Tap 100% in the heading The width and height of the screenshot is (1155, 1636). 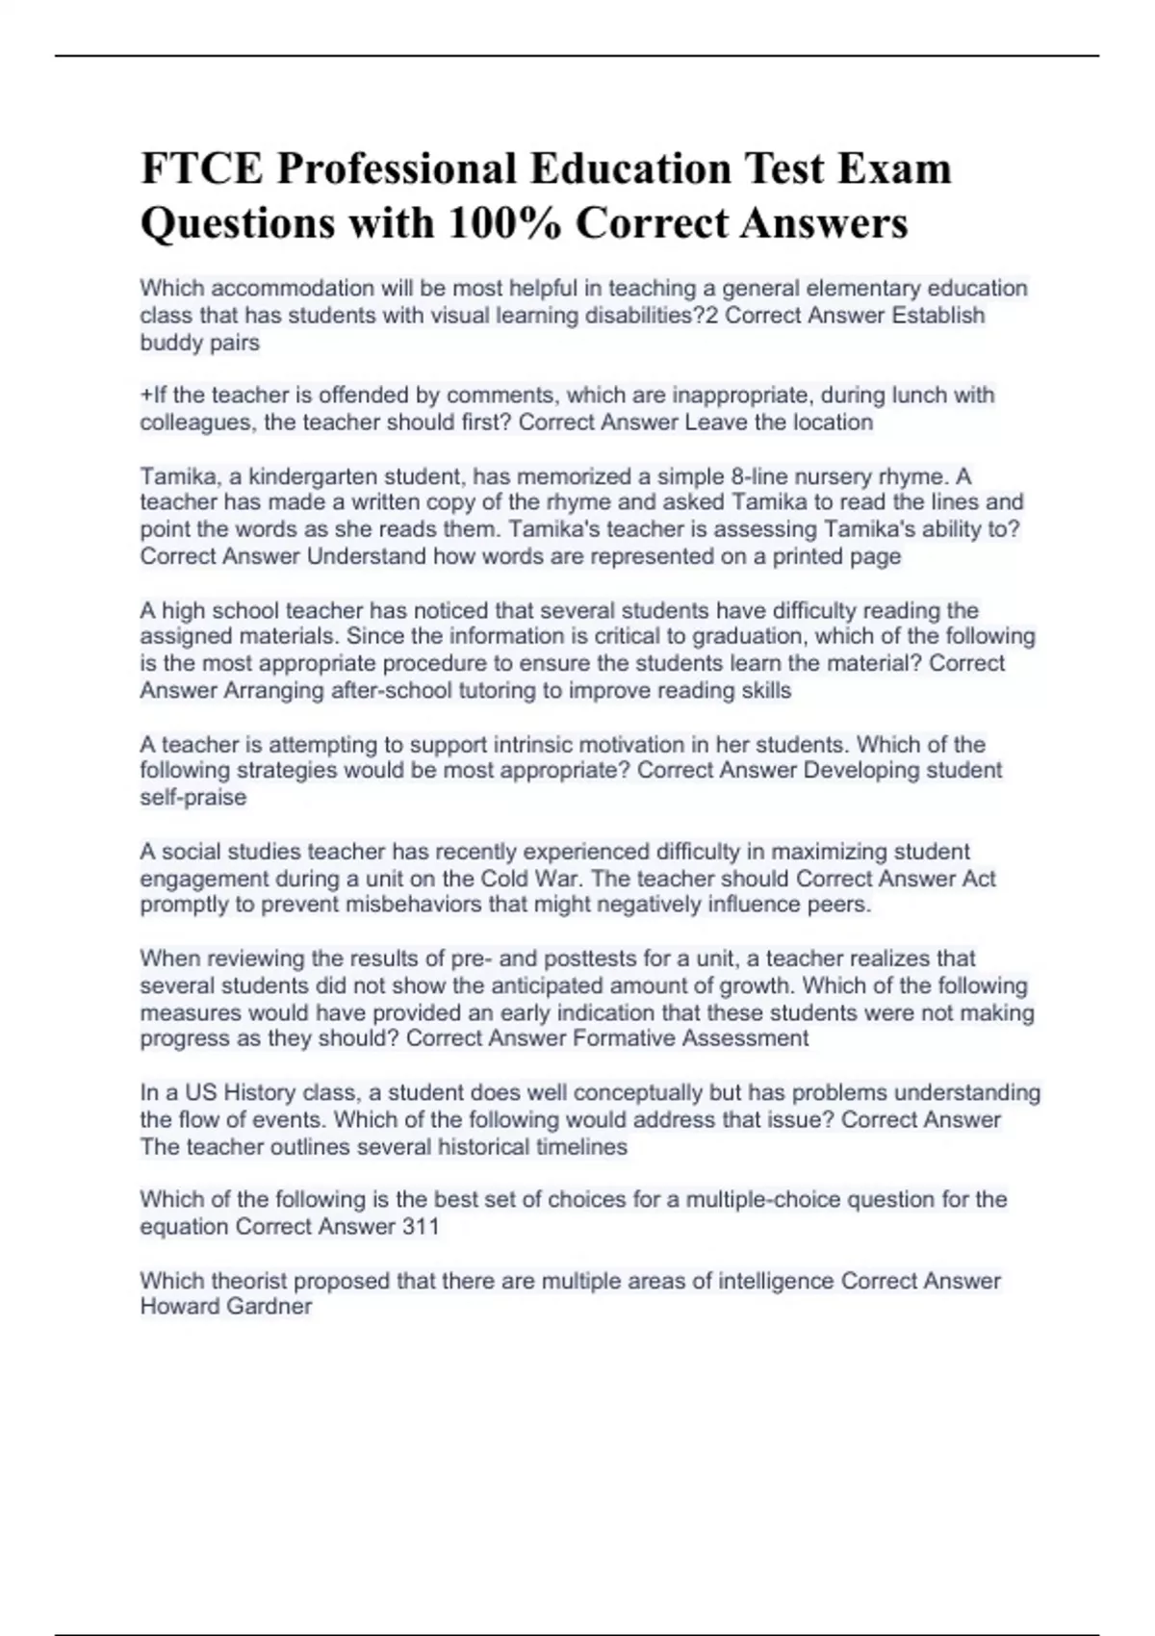coord(504,223)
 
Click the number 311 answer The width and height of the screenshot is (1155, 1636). coord(421,1226)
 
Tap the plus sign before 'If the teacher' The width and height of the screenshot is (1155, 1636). coord(145,395)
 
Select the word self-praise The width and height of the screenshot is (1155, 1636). coord(193,798)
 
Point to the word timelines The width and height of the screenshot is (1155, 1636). coord(581,1147)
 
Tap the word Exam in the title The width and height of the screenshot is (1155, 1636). coord(894,169)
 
